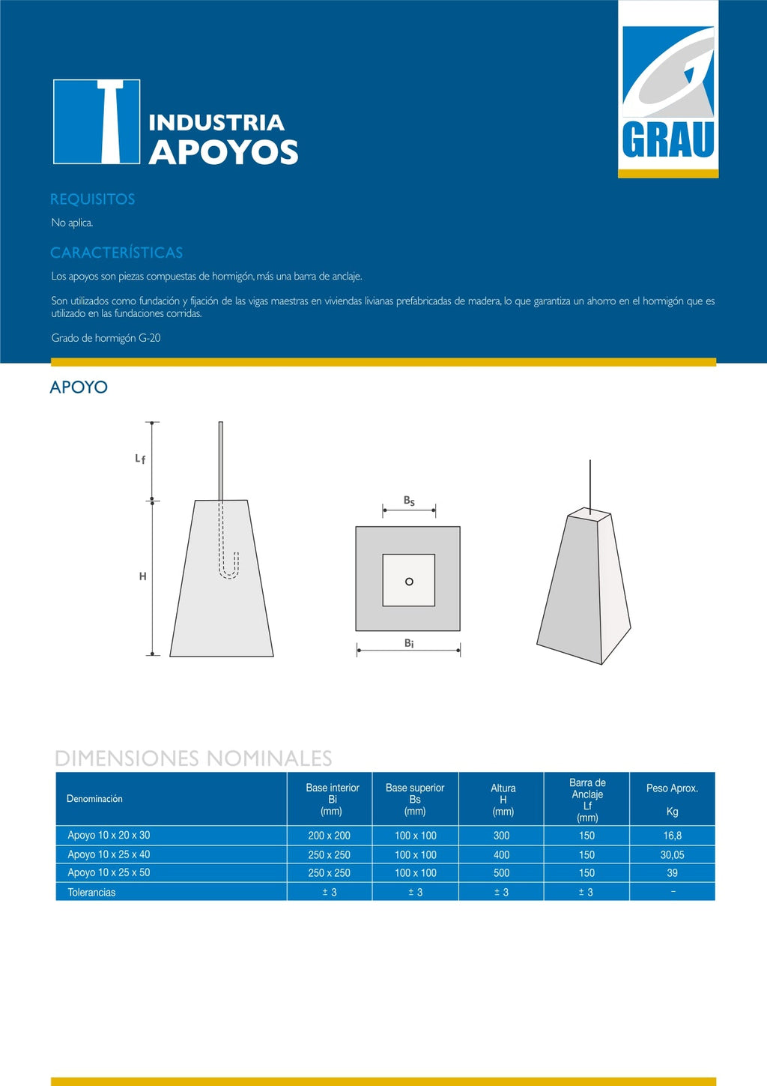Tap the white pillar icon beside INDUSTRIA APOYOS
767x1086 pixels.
click(97, 121)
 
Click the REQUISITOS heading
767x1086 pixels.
click(92, 199)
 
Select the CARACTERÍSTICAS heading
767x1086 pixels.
click(116, 253)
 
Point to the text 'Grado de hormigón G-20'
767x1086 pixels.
click(106, 338)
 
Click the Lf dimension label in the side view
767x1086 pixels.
click(140, 459)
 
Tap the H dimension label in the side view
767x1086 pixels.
click(142, 576)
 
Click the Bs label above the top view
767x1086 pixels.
click(409, 501)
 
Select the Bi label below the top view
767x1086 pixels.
click(409, 643)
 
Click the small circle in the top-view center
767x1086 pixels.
click(409, 582)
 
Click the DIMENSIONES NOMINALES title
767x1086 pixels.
click(193, 758)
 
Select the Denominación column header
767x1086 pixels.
click(94, 799)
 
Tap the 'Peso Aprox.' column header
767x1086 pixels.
click(672, 788)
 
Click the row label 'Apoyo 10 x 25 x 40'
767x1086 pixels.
click(109, 854)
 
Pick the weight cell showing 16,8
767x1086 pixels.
click(672, 836)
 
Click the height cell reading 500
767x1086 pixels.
click(501, 873)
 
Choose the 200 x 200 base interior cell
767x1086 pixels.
click(329, 836)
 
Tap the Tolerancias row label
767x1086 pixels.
click(91, 893)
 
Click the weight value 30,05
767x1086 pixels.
click(672, 855)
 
